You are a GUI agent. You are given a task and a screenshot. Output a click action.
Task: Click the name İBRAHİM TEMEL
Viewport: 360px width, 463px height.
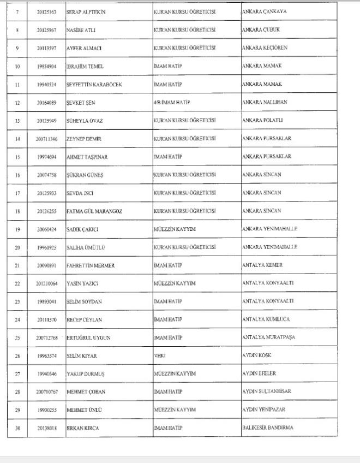[85, 66]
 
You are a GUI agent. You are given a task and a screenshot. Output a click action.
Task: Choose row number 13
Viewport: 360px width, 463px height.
[17, 121]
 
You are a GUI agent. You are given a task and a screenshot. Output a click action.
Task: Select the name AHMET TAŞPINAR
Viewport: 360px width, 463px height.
[87, 157]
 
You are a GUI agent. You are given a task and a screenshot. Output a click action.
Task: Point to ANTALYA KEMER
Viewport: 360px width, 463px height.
[263, 265]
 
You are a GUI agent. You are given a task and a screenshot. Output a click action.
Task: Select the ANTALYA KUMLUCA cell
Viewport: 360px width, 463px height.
[267, 319]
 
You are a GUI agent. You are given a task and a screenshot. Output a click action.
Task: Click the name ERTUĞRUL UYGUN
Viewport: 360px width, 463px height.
[88, 338]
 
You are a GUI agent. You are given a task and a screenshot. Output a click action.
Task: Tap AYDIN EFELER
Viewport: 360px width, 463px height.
[259, 374]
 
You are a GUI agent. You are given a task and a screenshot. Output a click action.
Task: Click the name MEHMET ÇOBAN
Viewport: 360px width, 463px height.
[86, 392]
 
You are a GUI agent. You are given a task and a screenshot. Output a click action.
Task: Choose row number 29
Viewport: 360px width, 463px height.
[17, 410]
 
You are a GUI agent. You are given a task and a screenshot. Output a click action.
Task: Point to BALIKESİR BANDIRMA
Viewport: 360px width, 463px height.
[267, 428]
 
